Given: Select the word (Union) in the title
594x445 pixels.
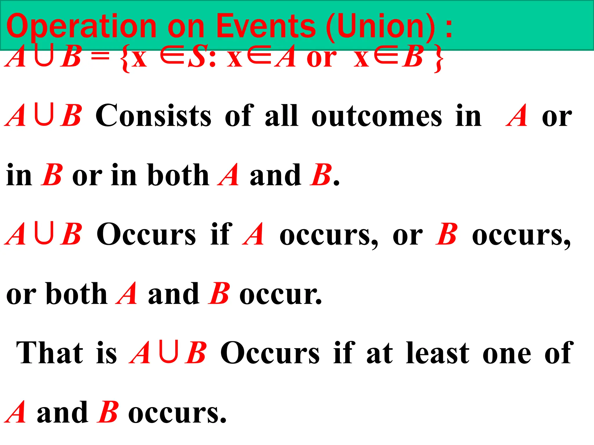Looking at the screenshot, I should [x=380, y=27].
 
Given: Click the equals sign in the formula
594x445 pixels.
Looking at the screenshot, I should [x=100, y=56].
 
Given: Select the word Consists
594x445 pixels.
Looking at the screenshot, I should [x=153, y=116].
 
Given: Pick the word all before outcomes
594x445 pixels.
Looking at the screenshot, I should [x=282, y=116].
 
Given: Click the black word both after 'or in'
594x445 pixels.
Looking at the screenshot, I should [x=178, y=175].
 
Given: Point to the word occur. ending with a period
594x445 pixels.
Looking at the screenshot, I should [x=281, y=294].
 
